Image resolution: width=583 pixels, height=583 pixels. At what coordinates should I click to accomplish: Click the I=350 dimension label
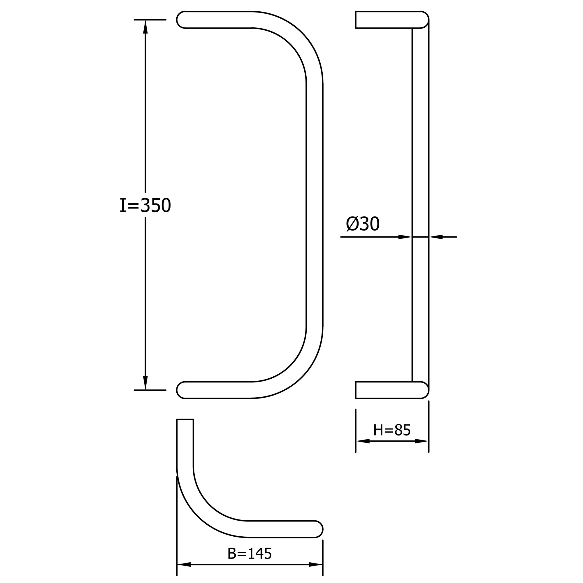(145, 206)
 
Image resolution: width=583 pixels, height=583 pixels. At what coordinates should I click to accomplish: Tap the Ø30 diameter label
(363, 224)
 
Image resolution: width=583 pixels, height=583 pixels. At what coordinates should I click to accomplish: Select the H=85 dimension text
(392, 430)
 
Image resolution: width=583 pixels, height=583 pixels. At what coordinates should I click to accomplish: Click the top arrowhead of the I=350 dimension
(145, 27)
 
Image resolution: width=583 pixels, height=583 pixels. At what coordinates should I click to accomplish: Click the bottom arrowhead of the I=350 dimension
(145, 383)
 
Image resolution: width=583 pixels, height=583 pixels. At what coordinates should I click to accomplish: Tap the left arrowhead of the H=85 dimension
(363, 441)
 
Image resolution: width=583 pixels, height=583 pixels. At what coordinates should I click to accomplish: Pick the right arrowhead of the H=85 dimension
(422, 441)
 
